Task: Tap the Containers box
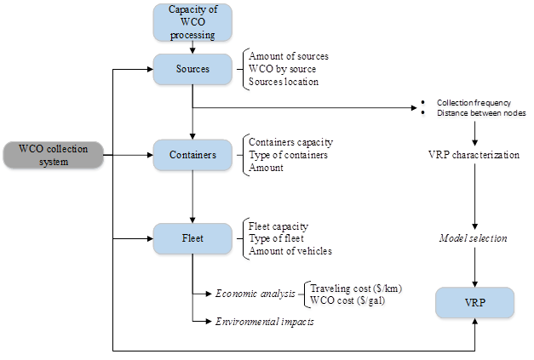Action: [192, 155]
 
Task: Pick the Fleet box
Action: [192, 238]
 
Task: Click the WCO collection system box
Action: [53, 155]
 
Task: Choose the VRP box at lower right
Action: [475, 304]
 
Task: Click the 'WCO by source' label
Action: [283, 69]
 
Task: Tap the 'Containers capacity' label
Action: [291, 141]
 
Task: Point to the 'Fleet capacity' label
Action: [278, 227]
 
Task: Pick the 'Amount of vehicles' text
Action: [291, 251]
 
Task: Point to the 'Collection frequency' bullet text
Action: [474, 102]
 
